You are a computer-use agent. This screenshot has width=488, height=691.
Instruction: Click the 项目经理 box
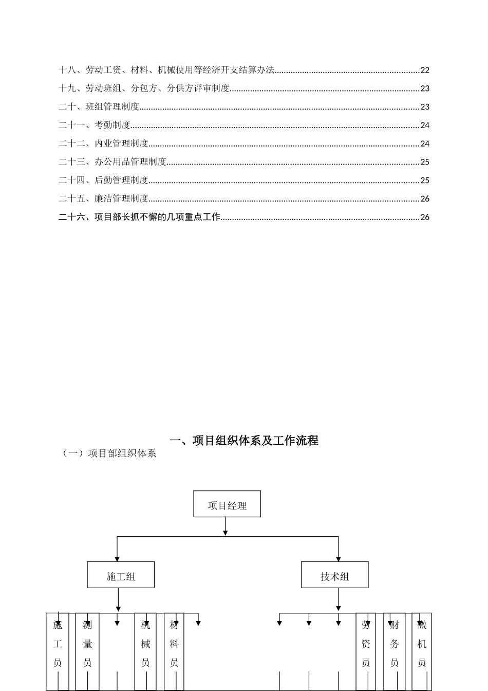[227, 504]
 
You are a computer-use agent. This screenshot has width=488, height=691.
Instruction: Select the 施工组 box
[121, 575]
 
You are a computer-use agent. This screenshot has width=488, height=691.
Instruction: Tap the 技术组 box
[334, 575]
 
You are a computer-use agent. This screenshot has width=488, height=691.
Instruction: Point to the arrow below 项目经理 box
[225, 527]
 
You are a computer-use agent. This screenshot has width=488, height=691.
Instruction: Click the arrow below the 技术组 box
[339, 601]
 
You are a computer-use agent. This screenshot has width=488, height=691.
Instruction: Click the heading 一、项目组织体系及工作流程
[244, 441]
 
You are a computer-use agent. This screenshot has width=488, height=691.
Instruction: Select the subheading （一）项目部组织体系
[109, 453]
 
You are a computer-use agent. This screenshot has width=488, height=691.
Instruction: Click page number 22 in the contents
[425, 70]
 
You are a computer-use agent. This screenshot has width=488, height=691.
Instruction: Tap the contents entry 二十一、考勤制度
[95, 125]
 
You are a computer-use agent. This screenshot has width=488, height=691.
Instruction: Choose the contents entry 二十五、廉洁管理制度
[104, 198]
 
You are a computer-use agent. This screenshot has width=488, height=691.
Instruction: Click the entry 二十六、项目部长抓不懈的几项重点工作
[140, 217]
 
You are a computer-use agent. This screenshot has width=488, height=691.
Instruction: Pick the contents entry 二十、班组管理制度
[99, 107]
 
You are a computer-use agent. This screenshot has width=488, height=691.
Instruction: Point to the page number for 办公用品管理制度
[425, 162]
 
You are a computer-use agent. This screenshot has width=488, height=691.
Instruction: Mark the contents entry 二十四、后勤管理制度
[104, 180]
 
